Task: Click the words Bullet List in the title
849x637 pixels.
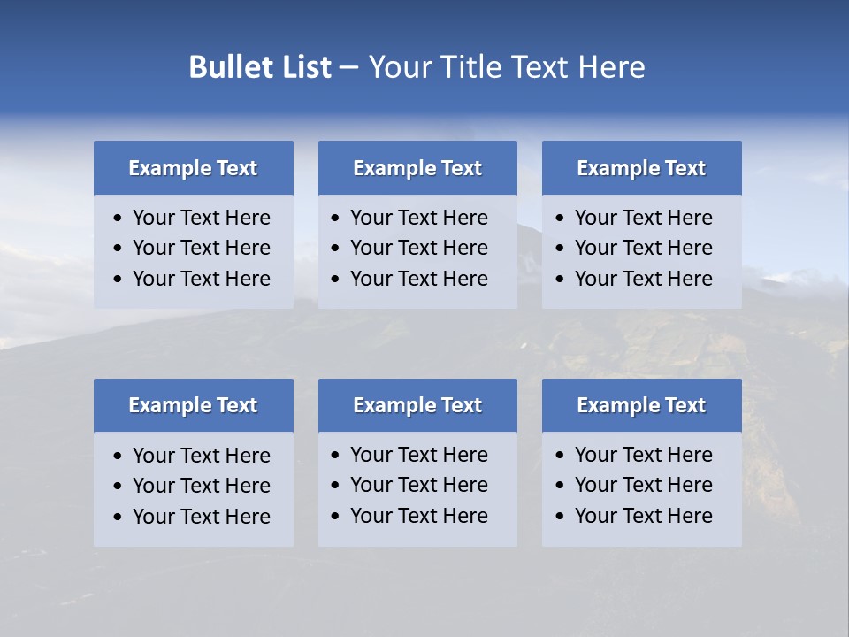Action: tap(260, 67)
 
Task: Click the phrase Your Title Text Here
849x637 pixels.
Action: tap(506, 67)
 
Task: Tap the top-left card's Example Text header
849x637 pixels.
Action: tap(193, 168)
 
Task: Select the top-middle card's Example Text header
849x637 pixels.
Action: tap(417, 168)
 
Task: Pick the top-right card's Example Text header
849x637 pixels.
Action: tap(641, 168)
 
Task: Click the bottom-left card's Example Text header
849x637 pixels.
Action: tap(193, 405)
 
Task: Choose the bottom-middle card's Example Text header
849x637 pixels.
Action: tap(417, 405)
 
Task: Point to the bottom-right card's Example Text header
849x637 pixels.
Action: tap(641, 405)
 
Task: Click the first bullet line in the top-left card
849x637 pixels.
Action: tap(201, 218)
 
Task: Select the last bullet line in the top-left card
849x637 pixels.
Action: tap(201, 279)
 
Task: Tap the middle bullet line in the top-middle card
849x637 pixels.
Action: tap(418, 248)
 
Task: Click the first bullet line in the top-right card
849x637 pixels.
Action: tap(643, 218)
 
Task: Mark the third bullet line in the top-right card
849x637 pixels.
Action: tap(643, 279)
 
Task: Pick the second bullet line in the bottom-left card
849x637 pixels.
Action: tap(201, 486)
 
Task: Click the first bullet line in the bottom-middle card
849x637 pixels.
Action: tap(418, 455)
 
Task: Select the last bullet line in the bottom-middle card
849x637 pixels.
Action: tap(418, 516)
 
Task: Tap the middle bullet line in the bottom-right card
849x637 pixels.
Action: tap(643, 485)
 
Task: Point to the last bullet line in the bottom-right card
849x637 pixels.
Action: tap(643, 516)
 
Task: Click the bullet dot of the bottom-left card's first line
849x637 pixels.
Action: tap(119, 457)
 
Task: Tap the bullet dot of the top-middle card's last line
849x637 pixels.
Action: tap(336, 280)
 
